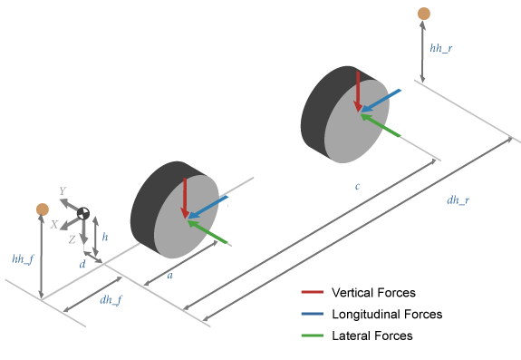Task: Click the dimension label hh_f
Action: click(23, 259)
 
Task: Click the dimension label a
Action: click(170, 276)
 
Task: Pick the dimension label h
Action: click(105, 236)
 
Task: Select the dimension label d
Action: click(82, 264)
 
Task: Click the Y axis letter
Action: click(62, 191)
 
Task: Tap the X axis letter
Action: click(54, 223)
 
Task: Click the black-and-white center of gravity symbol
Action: click(83, 214)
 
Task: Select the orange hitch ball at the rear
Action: click(423, 13)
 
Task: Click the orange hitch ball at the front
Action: click(42, 209)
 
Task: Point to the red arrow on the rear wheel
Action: click(359, 91)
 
